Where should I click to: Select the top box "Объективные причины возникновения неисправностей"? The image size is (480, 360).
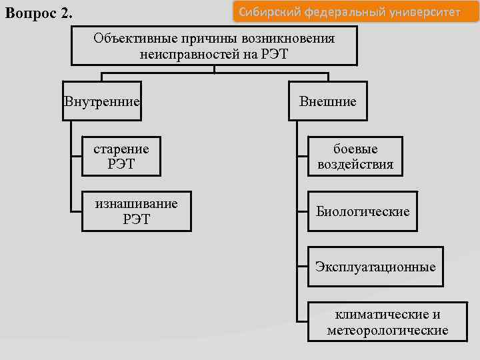coord(214,46)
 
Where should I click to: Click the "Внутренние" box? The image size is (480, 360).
coord(102,101)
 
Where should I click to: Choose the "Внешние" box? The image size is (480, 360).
coord(328,101)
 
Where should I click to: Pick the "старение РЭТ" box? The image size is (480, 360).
coord(121,156)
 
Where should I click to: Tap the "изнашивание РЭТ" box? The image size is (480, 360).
coord(137,211)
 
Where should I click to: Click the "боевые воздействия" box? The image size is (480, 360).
coord(355,156)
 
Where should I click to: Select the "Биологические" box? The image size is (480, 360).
coord(363,211)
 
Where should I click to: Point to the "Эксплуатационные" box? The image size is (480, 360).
coord(375,267)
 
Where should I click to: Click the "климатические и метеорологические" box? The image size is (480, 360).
coord(387,322)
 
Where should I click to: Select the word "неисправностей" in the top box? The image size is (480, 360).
coord(185,54)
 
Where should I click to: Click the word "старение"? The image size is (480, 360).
coord(121,149)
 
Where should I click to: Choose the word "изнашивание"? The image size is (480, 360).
coord(137,203)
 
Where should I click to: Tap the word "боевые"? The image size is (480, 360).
coord(355,149)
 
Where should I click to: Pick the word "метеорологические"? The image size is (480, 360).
coord(387,330)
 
